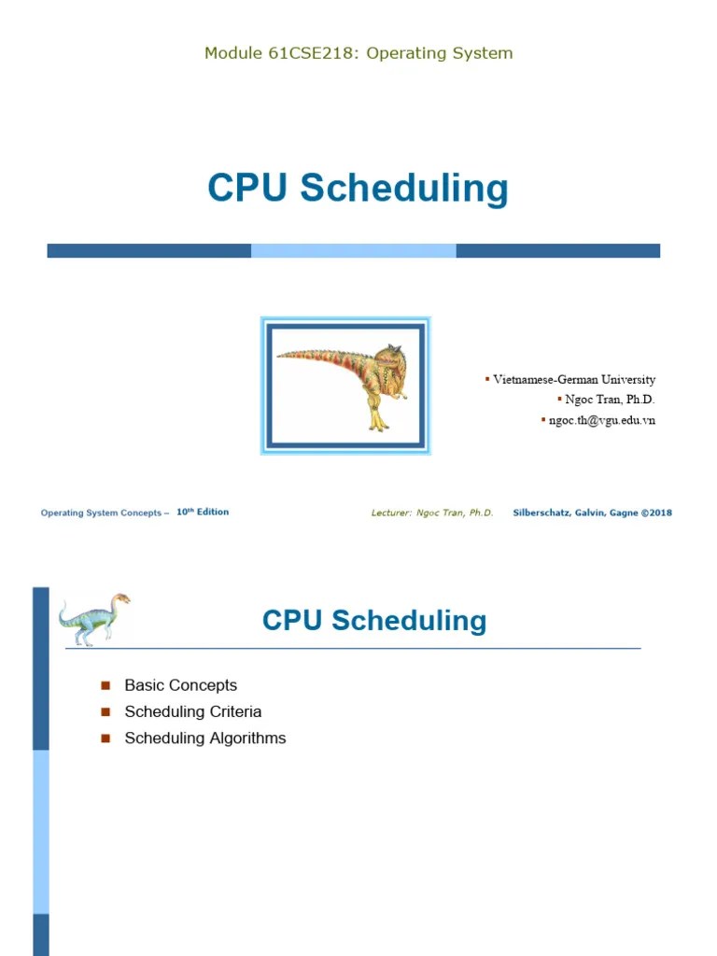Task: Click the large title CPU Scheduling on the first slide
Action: click(358, 188)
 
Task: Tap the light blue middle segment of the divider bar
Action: click(353, 250)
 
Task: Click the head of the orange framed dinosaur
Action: click(386, 358)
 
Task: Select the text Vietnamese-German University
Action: click(573, 380)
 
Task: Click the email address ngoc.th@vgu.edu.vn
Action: click(601, 420)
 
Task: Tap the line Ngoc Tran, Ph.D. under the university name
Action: click(610, 400)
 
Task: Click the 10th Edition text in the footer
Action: click(203, 512)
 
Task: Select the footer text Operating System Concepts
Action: click(101, 513)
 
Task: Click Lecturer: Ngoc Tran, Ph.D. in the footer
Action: click(432, 513)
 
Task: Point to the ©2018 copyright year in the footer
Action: click(656, 513)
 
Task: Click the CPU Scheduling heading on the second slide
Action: click(374, 621)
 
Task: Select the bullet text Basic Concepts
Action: click(180, 685)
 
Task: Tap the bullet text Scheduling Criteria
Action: click(192, 711)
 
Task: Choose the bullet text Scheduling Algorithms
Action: click(204, 738)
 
